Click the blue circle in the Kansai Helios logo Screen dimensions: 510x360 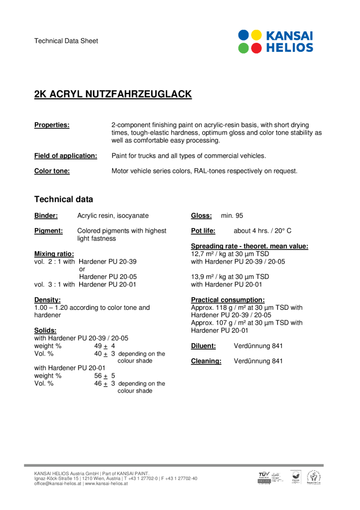244,35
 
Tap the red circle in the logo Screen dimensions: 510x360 256,48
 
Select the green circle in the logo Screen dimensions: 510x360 244,48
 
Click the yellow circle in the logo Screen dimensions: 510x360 256,35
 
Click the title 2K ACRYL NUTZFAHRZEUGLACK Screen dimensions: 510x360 113,94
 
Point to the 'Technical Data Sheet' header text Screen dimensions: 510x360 66,41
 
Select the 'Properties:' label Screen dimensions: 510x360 52,125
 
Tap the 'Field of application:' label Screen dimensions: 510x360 66,156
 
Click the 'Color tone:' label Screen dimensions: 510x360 52,171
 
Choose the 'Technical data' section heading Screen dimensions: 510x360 63,199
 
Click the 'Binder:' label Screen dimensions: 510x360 46,216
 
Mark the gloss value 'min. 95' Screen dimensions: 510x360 232,216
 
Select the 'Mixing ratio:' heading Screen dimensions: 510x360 54,254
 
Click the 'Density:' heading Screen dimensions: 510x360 47,300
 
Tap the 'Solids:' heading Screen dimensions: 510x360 45,330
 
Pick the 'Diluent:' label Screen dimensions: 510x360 203,346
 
